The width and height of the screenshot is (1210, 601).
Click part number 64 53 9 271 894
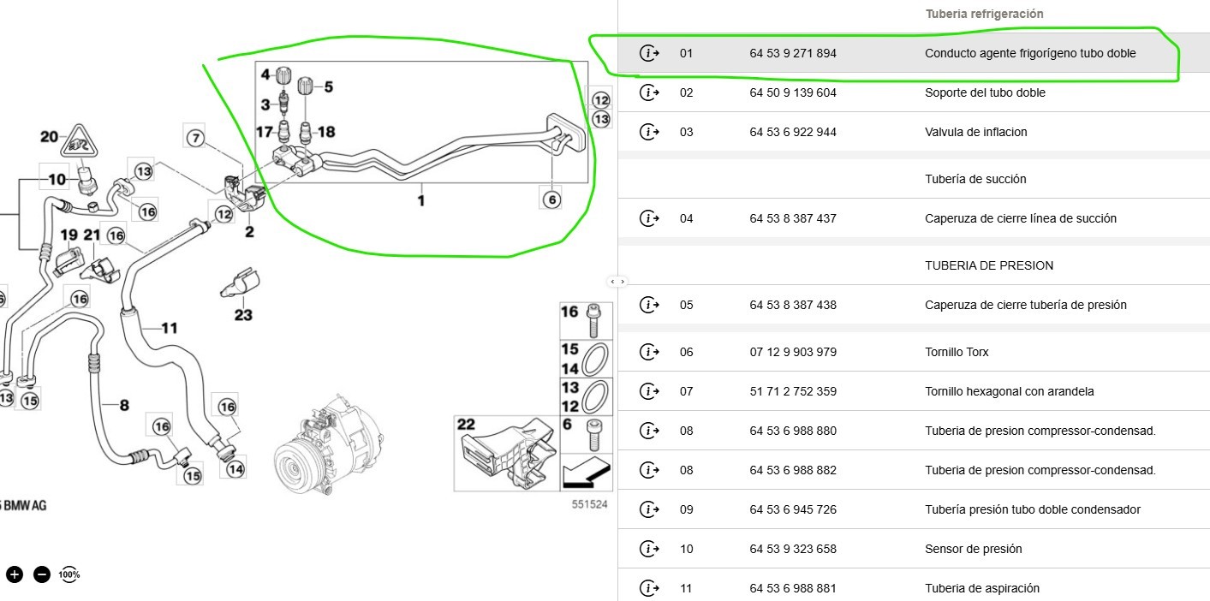coord(792,53)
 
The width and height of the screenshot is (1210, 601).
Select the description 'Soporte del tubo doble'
coord(985,92)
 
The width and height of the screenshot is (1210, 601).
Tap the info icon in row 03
coord(649,132)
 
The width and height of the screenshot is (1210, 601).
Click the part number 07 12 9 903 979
coord(793,352)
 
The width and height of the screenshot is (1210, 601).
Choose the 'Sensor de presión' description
coord(974,549)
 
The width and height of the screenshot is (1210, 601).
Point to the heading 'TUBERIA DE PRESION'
coord(989,265)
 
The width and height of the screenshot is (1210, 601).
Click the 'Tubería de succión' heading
coord(975,179)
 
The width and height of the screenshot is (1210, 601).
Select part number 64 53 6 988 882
coord(792,470)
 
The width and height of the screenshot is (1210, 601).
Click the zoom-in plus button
coord(15,574)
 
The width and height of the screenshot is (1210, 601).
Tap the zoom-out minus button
coord(42,574)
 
